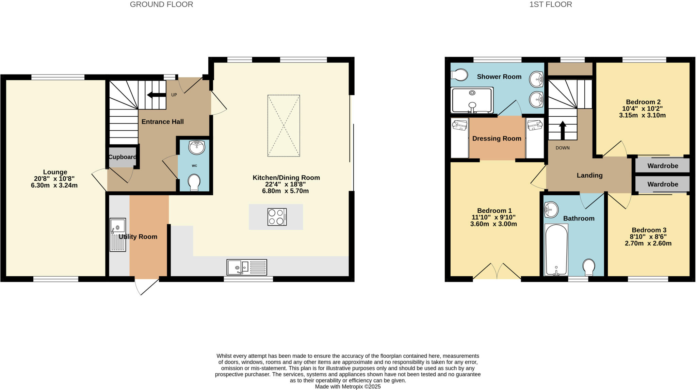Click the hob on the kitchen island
pyautogui.click(x=277, y=217)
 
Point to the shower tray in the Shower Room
pyautogui.click(x=472, y=100)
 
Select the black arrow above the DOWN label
pyautogui.click(x=562, y=130)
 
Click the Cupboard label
pyautogui.click(x=122, y=157)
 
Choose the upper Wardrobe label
pyautogui.click(x=662, y=166)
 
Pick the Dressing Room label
pyautogui.click(x=497, y=139)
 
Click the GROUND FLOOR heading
pyautogui.click(x=161, y=4)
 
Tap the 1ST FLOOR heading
pyautogui.click(x=550, y=4)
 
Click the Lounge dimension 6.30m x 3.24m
pyautogui.click(x=54, y=185)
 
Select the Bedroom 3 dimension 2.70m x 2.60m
pyautogui.click(x=648, y=243)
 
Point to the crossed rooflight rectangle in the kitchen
pyautogui.click(x=283, y=126)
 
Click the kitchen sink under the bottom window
pyautogui.click(x=247, y=267)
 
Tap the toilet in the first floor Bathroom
pyautogui.click(x=589, y=267)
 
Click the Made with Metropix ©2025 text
pyautogui.click(x=347, y=387)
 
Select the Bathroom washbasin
pyautogui.click(x=551, y=209)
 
